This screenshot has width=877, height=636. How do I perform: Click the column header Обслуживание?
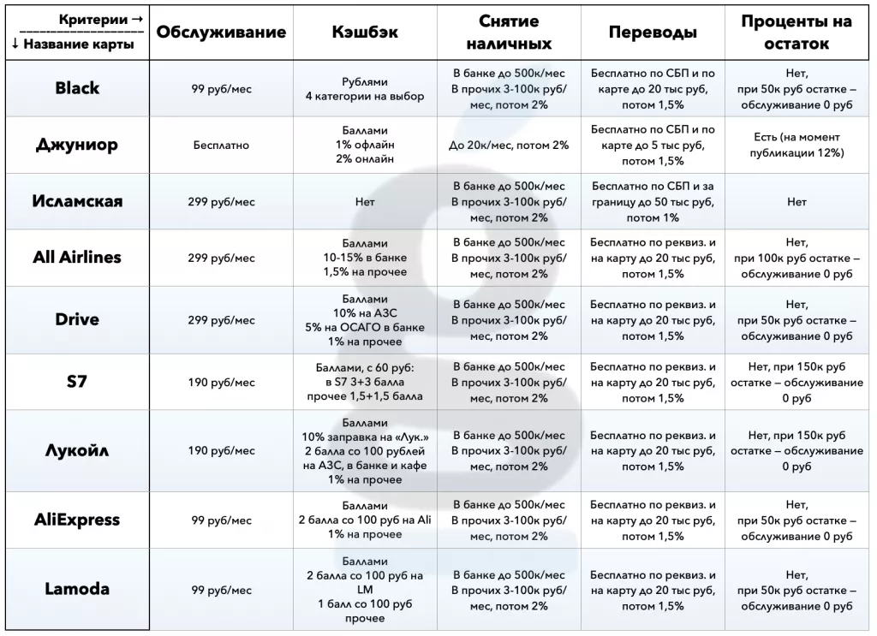pyautogui.click(x=221, y=33)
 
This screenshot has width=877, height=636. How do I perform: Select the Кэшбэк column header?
pyautogui.click(x=365, y=33)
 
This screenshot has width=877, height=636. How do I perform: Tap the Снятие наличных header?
pyautogui.click(x=509, y=33)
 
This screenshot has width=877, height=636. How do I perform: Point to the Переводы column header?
pyautogui.click(x=653, y=33)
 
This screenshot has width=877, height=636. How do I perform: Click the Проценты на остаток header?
pyautogui.click(x=796, y=33)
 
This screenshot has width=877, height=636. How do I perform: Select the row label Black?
pyautogui.click(x=77, y=88)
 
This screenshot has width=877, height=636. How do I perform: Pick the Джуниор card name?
pyautogui.click(x=77, y=145)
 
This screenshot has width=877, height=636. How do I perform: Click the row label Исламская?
pyautogui.click(x=77, y=202)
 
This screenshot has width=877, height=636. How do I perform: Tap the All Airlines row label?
pyautogui.click(x=77, y=258)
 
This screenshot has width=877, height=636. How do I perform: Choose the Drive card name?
pyautogui.click(x=77, y=320)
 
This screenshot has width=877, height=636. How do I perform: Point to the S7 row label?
pyautogui.click(x=77, y=382)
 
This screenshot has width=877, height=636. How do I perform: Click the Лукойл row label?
pyautogui.click(x=77, y=451)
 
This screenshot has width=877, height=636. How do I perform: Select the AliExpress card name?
pyautogui.click(x=77, y=520)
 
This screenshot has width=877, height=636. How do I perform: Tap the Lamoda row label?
pyautogui.click(x=77, y=590)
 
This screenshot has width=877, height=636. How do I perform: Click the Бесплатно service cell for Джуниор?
pyautogui.click(x=221, y=146)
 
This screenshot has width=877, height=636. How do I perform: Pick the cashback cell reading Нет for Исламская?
pyautogui.click(x=365, y=203)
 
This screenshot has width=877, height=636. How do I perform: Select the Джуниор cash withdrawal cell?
pyautogui.click(x=509, y=146)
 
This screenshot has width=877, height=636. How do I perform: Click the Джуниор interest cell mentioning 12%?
pyautogui.click(x=796, y=145)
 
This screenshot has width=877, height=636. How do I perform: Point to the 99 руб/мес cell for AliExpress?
pyautogui.click(x=221, y=520)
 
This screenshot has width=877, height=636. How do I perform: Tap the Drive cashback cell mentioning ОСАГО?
pyautogui.click(x=365, y=320)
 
